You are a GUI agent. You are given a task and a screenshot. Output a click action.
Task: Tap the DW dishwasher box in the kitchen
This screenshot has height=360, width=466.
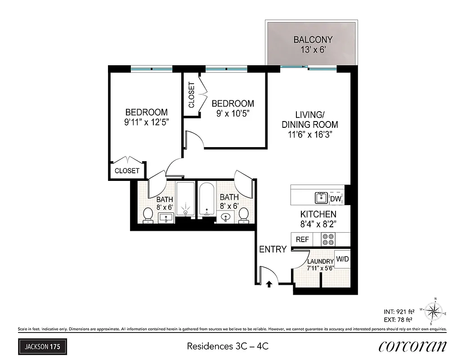tap(336, 198)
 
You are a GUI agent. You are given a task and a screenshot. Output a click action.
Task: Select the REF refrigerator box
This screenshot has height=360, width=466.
tap(303, 239)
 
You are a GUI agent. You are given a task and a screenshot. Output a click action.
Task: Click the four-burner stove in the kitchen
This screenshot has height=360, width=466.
tap(328, 239)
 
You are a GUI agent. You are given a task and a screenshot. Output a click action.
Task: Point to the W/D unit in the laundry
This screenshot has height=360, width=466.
tap(342, 260)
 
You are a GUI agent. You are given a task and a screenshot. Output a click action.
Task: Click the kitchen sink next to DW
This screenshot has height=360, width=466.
tap(322, 198)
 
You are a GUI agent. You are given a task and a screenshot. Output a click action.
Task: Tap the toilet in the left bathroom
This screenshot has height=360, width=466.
tap(148, 216)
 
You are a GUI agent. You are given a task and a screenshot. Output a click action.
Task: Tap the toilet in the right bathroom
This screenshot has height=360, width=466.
tap(243, 215)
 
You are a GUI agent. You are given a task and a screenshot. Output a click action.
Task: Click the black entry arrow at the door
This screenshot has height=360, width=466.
tap(269, 284)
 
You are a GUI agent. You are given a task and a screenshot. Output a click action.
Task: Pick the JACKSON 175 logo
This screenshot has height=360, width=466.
tap(43, 346)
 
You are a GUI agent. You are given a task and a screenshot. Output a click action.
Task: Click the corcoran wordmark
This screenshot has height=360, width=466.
tap(412, 346)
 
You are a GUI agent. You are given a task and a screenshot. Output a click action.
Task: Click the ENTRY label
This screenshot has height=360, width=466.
tap(273, 249)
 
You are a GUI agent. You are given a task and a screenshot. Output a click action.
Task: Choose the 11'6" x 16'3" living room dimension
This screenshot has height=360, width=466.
tap(310, 134)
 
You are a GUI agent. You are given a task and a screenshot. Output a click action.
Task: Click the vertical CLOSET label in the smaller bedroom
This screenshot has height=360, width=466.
tap(191, 95)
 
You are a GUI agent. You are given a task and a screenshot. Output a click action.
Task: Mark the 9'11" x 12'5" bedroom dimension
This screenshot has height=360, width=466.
tap(146, 121)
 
